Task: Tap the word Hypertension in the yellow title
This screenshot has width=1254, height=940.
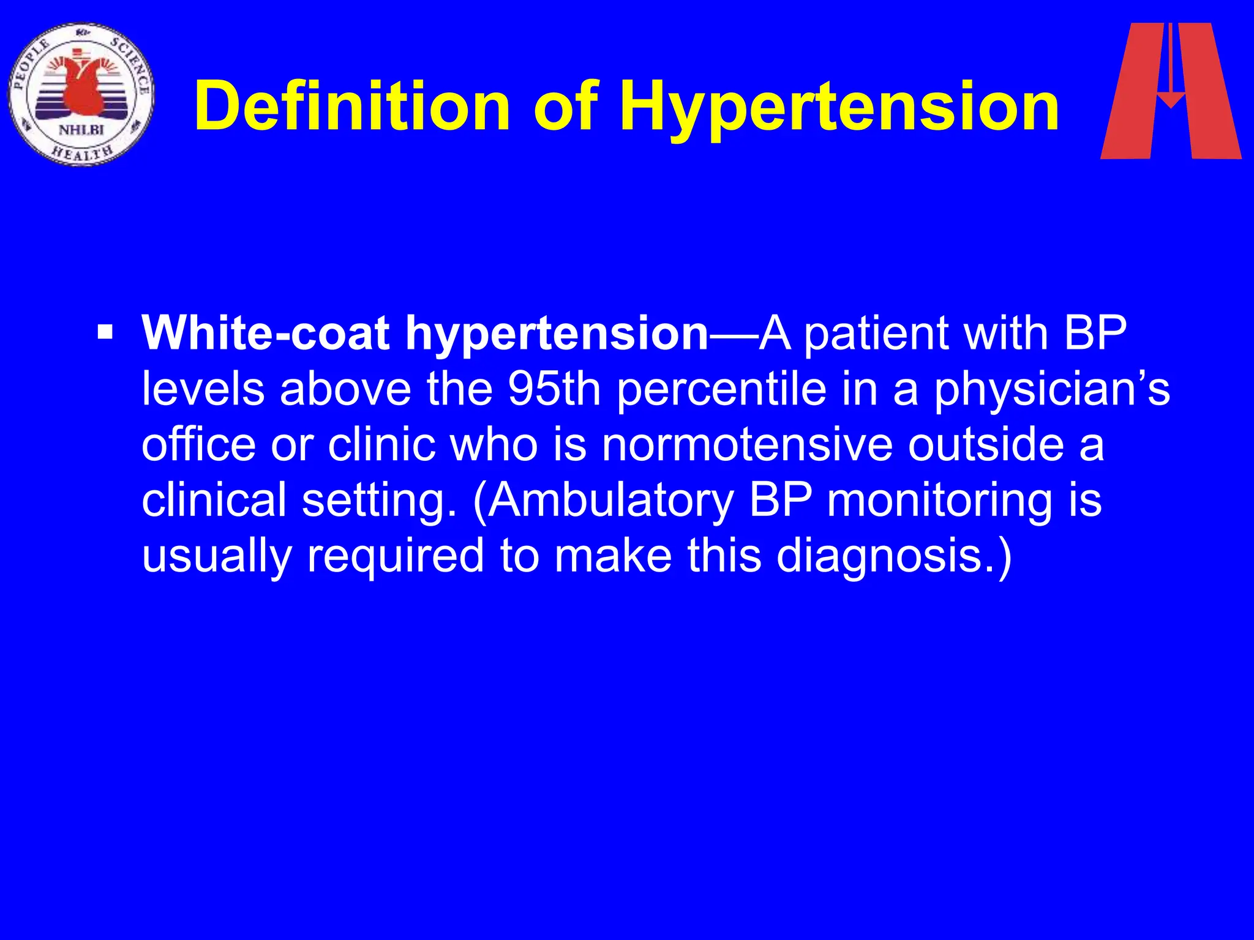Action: click(839, 108)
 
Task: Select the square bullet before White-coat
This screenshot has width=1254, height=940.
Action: click(105, 334)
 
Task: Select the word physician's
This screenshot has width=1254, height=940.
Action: click(1051, 390)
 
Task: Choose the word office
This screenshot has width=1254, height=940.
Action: click(199, 445)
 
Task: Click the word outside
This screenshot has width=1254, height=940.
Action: click(986, 445)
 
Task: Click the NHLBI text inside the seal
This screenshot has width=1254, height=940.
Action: click(81, 130)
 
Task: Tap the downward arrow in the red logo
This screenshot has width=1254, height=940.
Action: click(1171, 67)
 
